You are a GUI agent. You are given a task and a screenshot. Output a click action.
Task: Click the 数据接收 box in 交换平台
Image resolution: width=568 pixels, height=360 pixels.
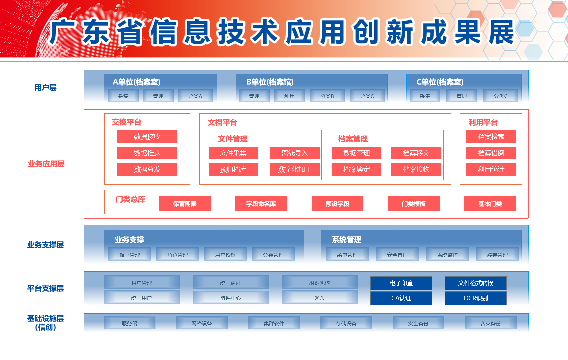click(147, 137)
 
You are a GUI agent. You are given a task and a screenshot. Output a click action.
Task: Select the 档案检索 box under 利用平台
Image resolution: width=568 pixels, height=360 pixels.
click(491, 137)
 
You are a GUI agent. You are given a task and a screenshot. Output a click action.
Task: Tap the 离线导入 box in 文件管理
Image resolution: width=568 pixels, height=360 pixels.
click(295, 153)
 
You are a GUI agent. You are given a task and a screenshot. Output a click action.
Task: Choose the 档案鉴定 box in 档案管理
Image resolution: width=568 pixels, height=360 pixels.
click(356, 169)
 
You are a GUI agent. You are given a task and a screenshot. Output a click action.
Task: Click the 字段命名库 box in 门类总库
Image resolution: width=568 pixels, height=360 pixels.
click(261, 204)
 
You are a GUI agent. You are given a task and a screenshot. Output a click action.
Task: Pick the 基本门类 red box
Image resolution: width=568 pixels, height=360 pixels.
click(490, 204)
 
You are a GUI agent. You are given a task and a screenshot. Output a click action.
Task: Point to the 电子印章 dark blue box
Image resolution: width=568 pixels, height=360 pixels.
click(401, 283)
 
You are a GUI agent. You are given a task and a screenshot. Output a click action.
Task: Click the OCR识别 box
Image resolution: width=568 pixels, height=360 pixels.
click(476, 298)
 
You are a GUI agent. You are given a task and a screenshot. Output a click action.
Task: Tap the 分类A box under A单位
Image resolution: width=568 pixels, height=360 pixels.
click(195, 96)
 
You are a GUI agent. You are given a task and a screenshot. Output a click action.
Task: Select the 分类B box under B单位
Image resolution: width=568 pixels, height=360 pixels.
click(327, 96)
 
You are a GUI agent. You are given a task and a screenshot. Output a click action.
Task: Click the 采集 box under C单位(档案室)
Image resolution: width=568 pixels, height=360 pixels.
click(425, 96)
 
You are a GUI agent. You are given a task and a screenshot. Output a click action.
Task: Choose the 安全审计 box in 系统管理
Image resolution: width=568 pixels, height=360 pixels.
click(397, 255)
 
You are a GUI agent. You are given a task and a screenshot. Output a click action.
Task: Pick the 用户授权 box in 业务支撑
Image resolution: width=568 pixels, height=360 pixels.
click(225, 255)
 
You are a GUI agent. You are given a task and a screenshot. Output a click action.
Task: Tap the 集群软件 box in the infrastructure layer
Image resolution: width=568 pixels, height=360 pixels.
click(274, 323)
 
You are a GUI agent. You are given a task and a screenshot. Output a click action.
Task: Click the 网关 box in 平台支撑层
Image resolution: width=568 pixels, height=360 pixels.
click(319, 298)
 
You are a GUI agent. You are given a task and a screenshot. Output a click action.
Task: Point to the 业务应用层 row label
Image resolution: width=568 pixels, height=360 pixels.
click(46, 164)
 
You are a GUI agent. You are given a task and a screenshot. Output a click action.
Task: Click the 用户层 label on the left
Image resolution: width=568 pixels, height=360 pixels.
click(46, 88)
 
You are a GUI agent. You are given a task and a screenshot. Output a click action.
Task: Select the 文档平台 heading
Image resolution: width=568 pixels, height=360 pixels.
click(222, 122)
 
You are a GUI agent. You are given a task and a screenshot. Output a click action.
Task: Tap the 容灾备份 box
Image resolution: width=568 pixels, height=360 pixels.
click(490, 323)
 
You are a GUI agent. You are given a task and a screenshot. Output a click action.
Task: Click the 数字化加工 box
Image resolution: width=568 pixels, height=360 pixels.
click(295, 169)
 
